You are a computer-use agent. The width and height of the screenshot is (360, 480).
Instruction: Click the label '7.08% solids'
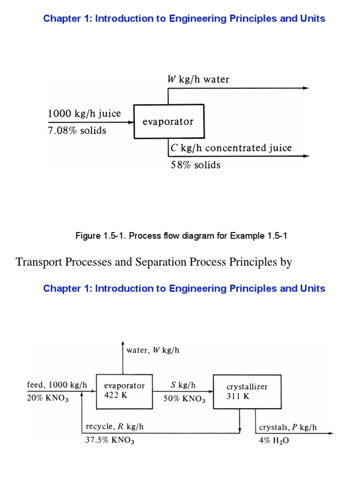tap(77, 131)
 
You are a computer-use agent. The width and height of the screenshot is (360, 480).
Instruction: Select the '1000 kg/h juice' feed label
tap(84, 113)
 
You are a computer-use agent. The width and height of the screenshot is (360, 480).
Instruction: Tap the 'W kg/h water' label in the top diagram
tap(198, 79)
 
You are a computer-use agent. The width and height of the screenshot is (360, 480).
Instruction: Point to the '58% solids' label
tap(195, 165)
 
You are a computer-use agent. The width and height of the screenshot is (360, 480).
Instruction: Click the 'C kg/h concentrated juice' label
tap(231, 148)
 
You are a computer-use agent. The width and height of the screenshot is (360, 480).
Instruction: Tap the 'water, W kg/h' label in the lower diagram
tap(153, 350)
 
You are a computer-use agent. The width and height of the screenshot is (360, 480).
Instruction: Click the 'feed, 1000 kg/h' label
tap(57, 385)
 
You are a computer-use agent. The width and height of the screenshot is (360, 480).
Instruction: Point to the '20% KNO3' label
tap(48, 398)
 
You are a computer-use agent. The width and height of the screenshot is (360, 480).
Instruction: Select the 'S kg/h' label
tap(183, 385)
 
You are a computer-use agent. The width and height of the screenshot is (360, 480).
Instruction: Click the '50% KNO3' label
tap(184, 398)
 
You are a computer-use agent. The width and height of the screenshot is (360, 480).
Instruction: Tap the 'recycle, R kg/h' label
tap(114, 427)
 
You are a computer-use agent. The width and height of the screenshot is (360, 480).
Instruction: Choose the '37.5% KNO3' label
tap(110, 440)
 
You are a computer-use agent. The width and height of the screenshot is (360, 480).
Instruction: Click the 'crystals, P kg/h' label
tap(288, 427)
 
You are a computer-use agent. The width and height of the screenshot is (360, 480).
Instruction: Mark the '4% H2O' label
tap(274, 441)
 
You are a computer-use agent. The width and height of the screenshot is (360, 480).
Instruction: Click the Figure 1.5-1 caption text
tap(181, 236)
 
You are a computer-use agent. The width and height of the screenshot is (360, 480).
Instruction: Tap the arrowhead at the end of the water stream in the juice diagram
tap(307, 88)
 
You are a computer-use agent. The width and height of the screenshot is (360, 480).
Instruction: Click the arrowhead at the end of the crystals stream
tap(330, 433)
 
